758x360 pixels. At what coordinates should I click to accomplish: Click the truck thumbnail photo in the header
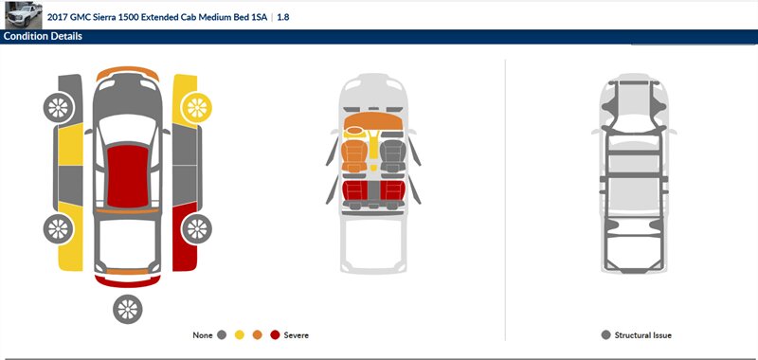24,15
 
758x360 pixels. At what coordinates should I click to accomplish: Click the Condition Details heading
43,36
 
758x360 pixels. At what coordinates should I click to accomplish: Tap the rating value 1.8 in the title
283,17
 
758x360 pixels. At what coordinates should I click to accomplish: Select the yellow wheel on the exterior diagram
197,107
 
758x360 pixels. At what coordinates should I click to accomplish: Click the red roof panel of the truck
128,176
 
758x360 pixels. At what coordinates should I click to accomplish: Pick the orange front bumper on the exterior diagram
128,73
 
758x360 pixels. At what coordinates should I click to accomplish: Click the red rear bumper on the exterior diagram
128,281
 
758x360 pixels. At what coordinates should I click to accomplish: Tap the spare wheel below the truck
128,309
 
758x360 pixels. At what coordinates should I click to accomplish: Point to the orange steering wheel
354,132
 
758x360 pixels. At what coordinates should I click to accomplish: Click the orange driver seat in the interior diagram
354,155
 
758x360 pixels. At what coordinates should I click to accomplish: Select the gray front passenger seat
393,155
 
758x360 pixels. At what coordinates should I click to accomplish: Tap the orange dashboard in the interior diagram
372,121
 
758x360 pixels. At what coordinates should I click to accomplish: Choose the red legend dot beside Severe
275,334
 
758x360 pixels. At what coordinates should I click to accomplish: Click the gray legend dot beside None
222,334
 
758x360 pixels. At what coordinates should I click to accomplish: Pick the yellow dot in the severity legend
240,334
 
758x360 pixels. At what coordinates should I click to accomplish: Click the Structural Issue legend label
643,334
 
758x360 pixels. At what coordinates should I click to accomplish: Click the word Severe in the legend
296,334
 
